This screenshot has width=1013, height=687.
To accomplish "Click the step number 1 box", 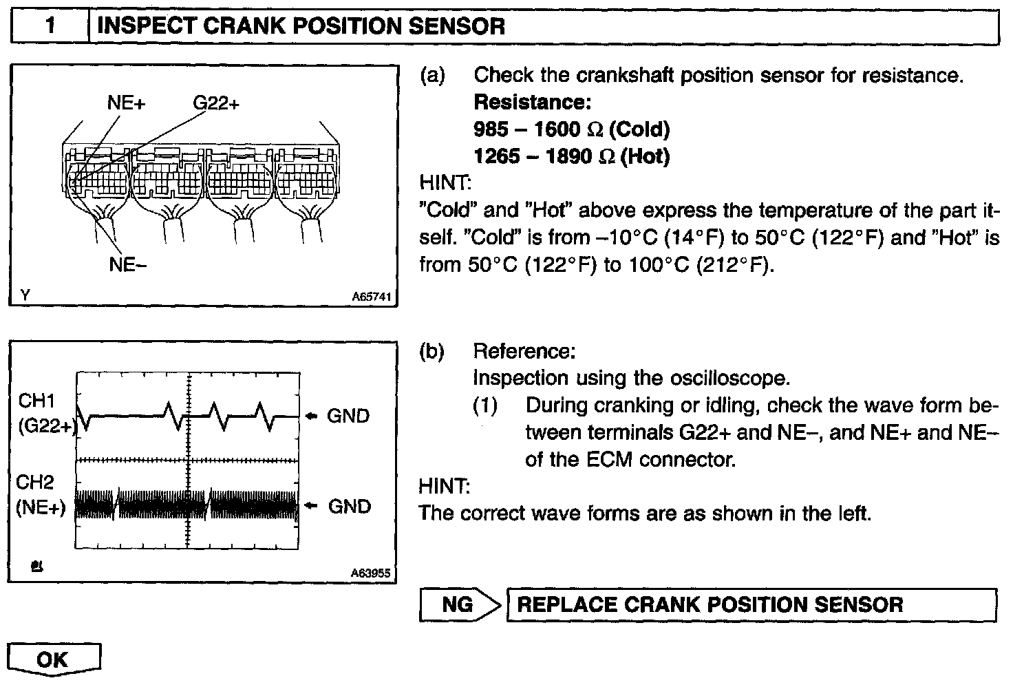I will click(x=50, y=28).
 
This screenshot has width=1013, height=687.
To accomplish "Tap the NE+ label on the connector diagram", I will click(x=127, y=103).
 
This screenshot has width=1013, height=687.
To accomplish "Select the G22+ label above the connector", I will click(x=215, y=103).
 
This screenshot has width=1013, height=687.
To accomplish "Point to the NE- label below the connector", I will click(x=127, y=265).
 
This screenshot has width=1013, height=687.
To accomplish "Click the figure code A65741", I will click(x=371, y=297).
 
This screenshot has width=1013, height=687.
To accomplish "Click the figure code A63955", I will click(x=371, y=573).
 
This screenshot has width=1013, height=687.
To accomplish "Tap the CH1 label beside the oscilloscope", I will click(x=36, y=401).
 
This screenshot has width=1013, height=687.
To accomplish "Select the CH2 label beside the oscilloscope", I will click(x=36, y=482).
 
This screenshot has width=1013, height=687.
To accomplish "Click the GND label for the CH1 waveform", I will click(x=348, y=416).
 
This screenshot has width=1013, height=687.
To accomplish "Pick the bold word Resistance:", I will click(x=532, y=103).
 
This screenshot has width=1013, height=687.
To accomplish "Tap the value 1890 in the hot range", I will click(x=568, y=156).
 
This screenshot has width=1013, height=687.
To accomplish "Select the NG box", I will click(x=457, y=605).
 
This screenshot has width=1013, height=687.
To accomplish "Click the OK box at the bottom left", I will click(x=53, y=659).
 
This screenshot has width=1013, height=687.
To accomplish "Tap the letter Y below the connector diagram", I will click(x=25, y=295).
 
